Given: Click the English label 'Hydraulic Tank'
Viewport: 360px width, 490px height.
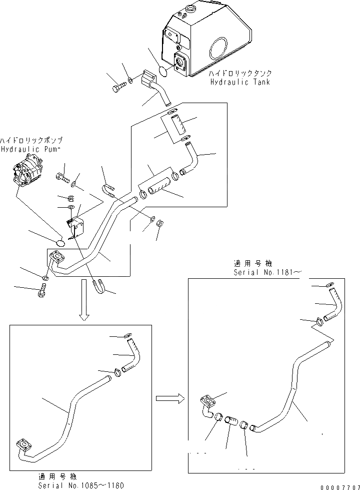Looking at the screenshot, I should coord(239,82).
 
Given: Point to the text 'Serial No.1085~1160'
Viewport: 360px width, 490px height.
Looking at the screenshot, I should coord(80,485).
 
